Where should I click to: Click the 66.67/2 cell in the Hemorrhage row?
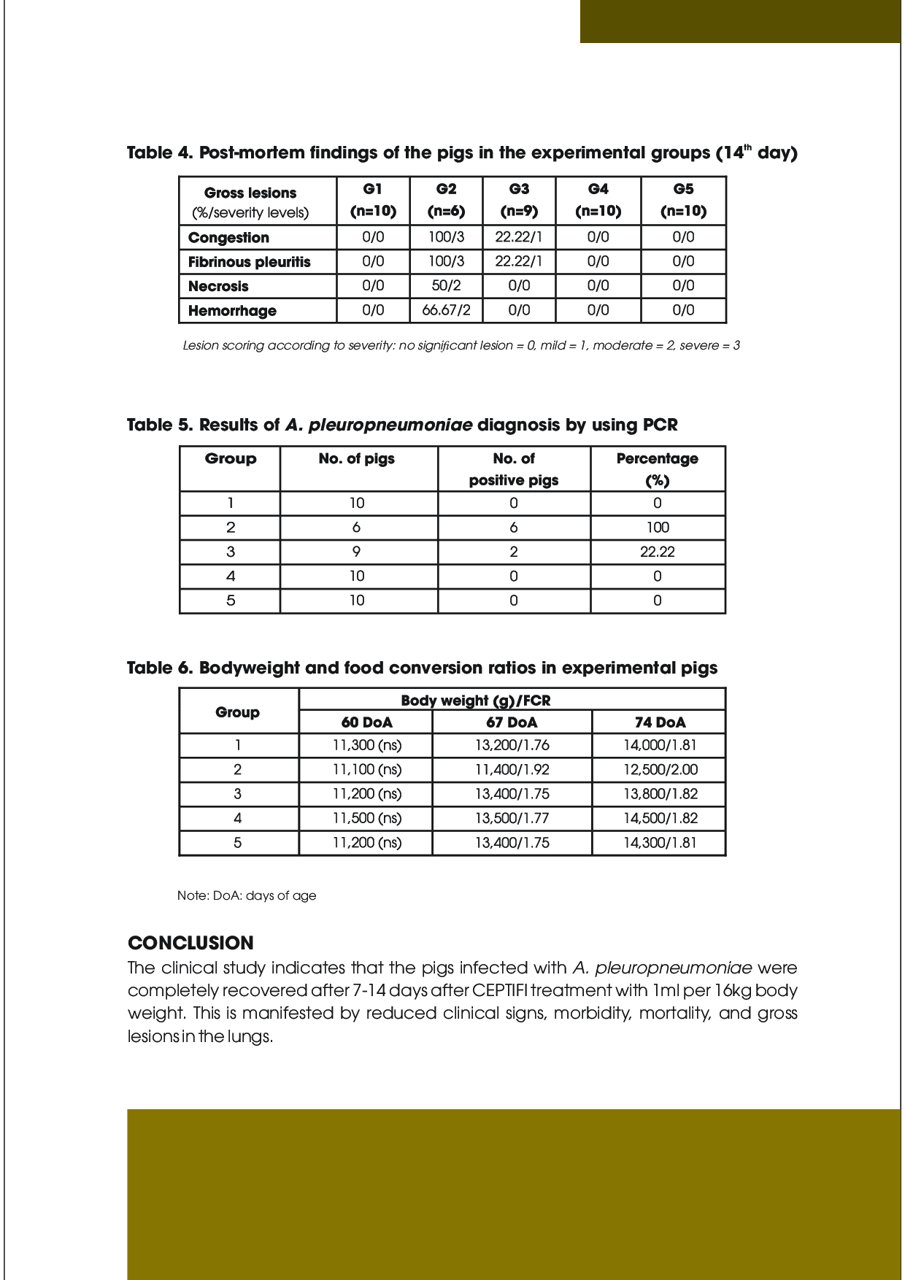(446, 310)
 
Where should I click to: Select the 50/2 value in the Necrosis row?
(446, 285)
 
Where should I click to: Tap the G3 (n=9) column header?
(519, 200)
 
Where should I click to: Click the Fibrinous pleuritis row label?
(250, 262)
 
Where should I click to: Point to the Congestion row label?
(228, 238)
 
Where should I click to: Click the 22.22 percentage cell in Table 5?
(657, 552)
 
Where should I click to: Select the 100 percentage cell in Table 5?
(657, 528)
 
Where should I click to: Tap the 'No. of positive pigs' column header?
(514, 469)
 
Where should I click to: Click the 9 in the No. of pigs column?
(356, 552)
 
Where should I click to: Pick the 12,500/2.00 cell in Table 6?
(660, 769)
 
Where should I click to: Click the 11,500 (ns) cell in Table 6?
(366, 818)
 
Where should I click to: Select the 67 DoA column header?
(512, 722)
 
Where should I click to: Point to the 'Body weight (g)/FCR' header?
(476, 701)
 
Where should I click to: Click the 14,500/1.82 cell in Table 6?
(660, 818)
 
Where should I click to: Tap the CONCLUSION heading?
(190, 943)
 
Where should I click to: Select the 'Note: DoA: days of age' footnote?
(247, 895)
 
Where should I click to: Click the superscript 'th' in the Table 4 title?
(747, 147)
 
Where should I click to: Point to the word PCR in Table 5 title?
(660, 425)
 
